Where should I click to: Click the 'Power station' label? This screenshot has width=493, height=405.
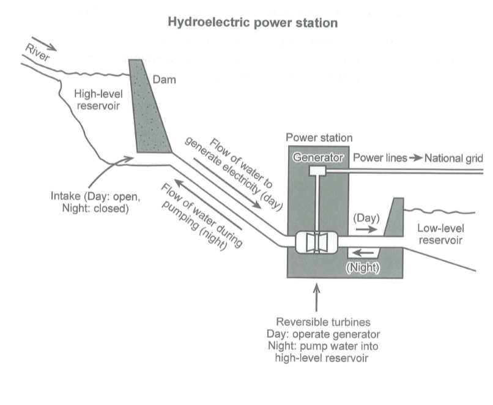point(319,138)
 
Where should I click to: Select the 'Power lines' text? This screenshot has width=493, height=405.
point(380,158)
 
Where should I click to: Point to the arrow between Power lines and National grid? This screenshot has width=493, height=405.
point(415,158)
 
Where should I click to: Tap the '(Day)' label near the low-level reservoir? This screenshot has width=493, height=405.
point(367,217)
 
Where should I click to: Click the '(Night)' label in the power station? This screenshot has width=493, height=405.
point(364,267)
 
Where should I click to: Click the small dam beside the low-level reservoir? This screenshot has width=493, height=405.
point(391,220)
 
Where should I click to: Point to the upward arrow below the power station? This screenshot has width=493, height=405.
point(317,298)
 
